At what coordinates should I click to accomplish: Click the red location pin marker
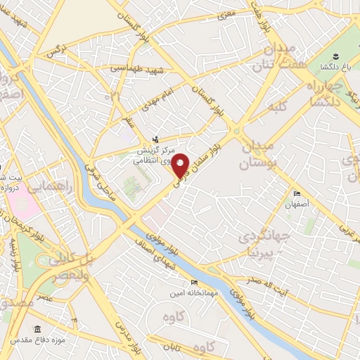point(181,165)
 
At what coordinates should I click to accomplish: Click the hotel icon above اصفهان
point(297,193)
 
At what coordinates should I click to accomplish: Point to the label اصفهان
point(297,205)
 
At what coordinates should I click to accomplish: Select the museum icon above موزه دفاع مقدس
point(37,329)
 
